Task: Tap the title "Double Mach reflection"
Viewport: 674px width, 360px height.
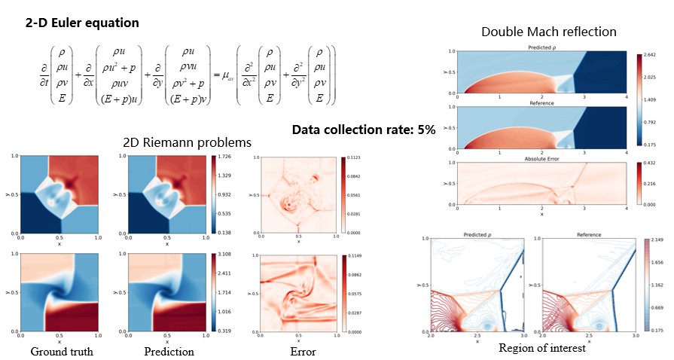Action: click(x=549, y=32)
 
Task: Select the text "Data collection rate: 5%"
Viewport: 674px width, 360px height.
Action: click(x=364, y=129)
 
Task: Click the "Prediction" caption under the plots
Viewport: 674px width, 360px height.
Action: click(x=169, y=351)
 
